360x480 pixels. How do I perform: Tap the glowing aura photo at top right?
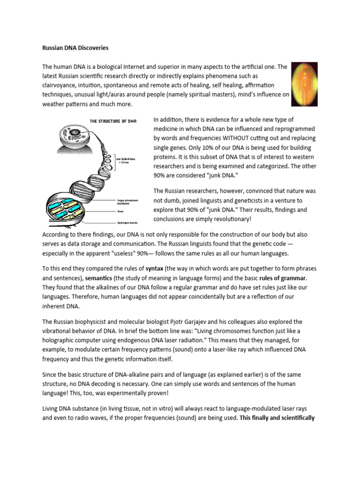(304, 85)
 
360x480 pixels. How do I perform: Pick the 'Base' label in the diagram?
(121, 212)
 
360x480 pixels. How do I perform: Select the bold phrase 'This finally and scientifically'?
(277, 417)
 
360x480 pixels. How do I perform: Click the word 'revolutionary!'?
(222, 219)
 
